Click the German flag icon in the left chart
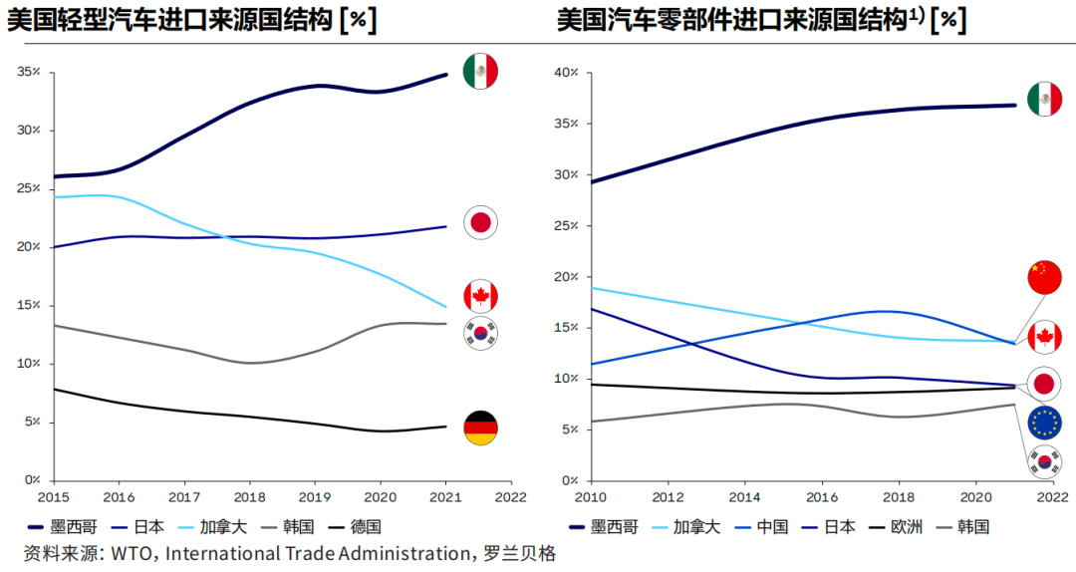coord(481,428)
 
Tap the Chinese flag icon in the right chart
coord(1044,277)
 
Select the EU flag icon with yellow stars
coord(1044,423)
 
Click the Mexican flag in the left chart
coord(480,72)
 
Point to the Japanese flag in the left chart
coord(480,222)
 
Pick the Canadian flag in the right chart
coord(1044,337)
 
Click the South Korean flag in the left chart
coord(480,334)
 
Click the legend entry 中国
coord(772,527)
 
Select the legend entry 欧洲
coord(908,527)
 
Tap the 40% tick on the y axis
coord(566,73)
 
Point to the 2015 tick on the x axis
coord(55,494)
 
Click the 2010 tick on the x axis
coord(591,494)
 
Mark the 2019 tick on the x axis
coord(316,494)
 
